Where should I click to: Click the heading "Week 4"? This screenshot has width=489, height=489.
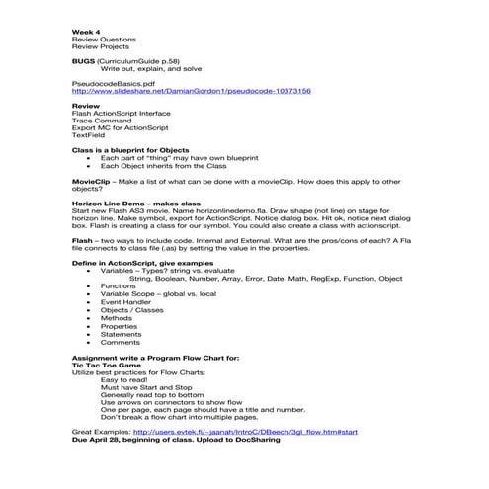coord(86,32)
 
